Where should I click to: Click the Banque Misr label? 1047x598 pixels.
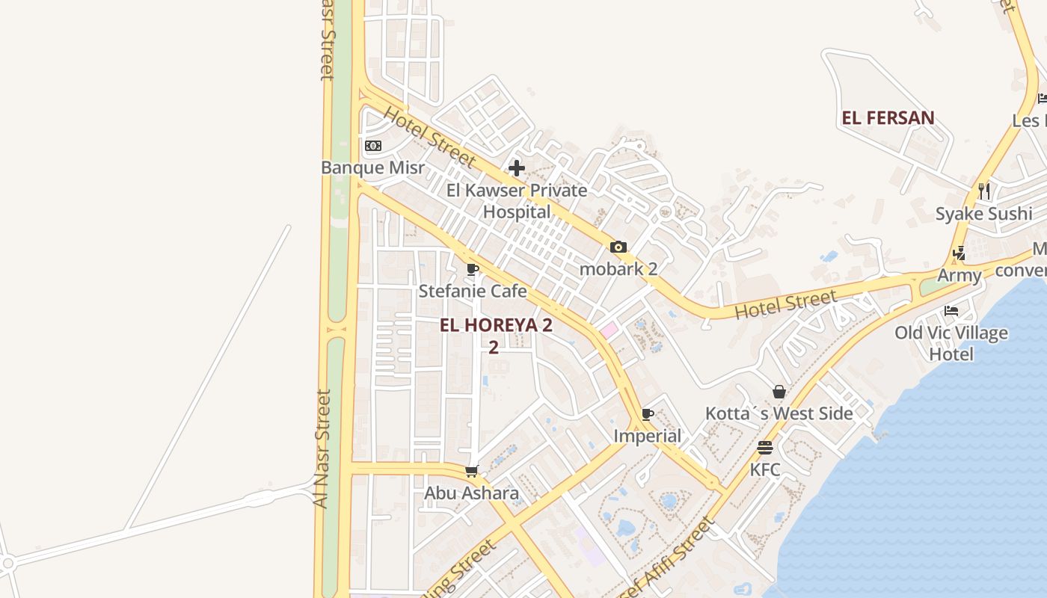[x=372, y=167]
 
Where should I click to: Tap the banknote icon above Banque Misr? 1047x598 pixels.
[x=373, y=146]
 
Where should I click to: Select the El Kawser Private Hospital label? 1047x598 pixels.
[x=516, y=201]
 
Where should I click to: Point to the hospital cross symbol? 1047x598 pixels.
[x=517, y=168]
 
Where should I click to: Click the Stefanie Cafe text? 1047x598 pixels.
[x=473, y=291]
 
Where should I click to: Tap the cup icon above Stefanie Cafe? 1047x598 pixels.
[x=473, y=269]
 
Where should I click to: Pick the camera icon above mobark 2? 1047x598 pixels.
[x=618, y=247]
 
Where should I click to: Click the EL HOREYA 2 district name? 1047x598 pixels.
[x=496, y=325]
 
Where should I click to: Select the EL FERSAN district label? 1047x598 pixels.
[x=888, y=118]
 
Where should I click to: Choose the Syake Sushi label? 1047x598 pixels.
[x=984, y=214]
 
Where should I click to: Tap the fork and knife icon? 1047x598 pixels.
[x=984, y=191]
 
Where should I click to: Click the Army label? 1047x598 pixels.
[x=960, y=275]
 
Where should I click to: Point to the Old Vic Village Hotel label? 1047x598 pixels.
[x=951, y=342]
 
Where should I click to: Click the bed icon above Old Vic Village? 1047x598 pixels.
[x=951, y=310]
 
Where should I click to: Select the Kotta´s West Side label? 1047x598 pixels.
[x=779, y=413]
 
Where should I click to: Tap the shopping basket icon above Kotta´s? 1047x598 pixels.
[x=779, y=392]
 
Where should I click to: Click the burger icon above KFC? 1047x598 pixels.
[x=765, y=448]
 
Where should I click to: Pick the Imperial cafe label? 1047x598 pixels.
[x=648, y=436]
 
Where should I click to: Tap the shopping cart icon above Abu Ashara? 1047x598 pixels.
[x=472, y=471]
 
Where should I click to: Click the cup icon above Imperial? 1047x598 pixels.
[x=648, y=414]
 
